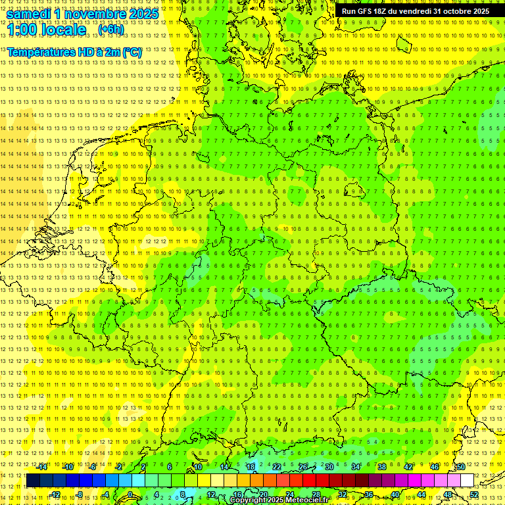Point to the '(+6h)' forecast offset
(110, 30)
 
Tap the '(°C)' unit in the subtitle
(131, 52)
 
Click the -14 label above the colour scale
(43, 467)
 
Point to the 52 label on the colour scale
(474, 494)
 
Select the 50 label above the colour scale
(460, 467)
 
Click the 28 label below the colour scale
(316, 494)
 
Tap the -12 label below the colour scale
(55, 494)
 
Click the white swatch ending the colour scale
(468, 481)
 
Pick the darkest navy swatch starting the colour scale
(33, 481)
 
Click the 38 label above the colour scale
(382, 467)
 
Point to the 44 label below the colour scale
(421, 494)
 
